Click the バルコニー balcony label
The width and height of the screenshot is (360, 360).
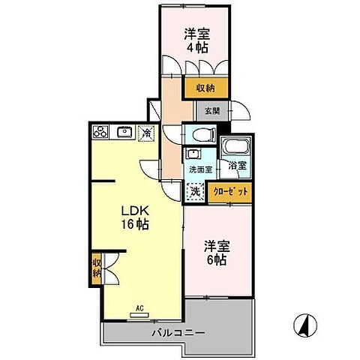click(x=178, y=331)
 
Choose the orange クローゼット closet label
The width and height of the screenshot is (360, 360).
click(x=228, y=193)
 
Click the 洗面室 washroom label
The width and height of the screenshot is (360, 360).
click(x=199, y=169)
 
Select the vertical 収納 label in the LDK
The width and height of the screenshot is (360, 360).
click(x=97, y=268)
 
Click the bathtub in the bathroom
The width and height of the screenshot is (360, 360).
click(x=232, y=146)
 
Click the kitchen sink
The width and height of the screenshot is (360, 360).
click(x=124, y=133)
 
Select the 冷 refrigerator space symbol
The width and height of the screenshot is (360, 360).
click(x=146, y=133)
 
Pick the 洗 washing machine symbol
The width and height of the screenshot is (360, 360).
click(x=194, y=190)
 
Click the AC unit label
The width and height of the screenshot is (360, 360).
click(x=140, y=307)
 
